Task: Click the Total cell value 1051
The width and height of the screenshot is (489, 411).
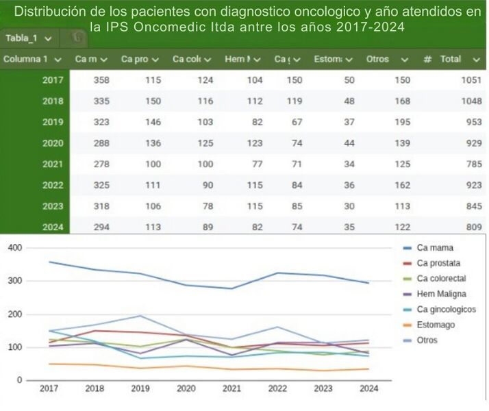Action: pyautogui.click(x=471, y=80)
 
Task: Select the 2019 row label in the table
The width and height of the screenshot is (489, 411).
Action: pyautogui.click(x=53, y=123)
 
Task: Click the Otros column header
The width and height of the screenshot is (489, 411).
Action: pyautogui.click(x=377, y=59)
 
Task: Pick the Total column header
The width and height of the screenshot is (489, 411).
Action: pyautogui.click(x=450, y=59)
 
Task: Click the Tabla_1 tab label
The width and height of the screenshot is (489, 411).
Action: pyautogui.click(x=21, y=38)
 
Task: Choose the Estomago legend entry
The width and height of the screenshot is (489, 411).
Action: pyautogui.click(x=436, y=324)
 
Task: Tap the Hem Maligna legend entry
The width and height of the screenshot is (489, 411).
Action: pyautogui.click(x=441, y=293)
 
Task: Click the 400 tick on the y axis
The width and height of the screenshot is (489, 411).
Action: pyautogui.click(x=15, y=247)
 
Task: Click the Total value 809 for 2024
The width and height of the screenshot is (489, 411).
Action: pyautogui.click(x=473, y=228)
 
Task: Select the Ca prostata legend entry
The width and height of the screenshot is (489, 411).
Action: pyautogui.click(x=438, y=263)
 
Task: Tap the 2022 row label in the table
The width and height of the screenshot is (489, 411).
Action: pyautogui.click(x=53, y=186)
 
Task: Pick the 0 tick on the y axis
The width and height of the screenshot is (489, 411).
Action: pyautogui.click(x=21, y=380)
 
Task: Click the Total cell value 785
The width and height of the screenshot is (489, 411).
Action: pyautogui.click(x=473, y=164)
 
